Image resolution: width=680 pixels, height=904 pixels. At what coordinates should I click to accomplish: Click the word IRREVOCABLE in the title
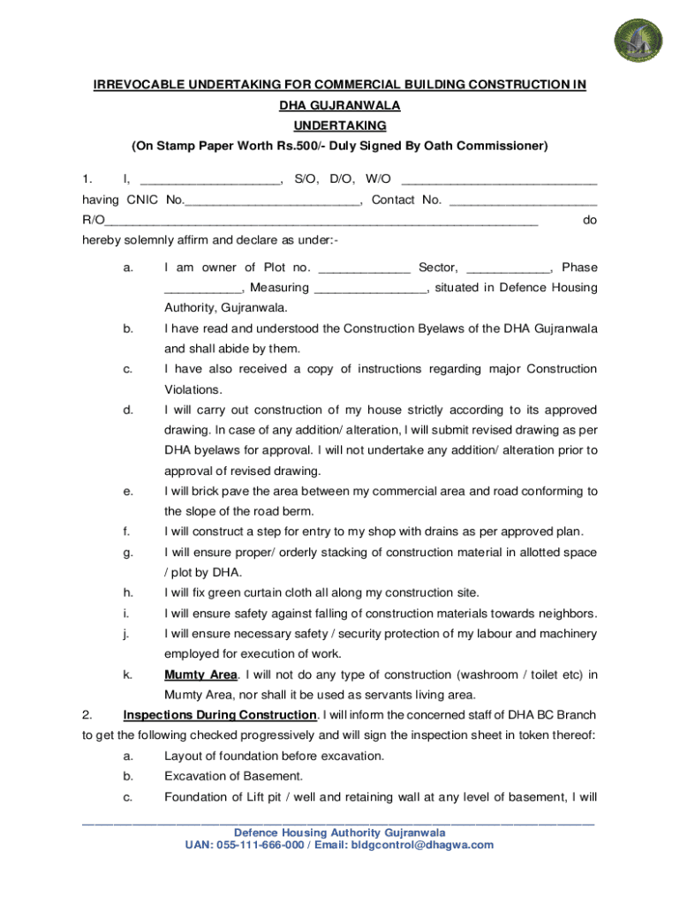point(140,85)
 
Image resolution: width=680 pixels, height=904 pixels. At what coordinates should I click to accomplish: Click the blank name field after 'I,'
point(209,181)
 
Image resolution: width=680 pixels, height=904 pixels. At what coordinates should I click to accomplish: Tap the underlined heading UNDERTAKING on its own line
point(340,125)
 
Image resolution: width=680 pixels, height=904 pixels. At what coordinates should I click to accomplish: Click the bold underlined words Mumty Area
point(200,675)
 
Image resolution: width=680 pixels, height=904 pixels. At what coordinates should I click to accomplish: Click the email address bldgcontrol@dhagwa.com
point(422,845)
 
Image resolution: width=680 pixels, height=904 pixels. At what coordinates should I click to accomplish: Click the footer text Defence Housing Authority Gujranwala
point(339,832)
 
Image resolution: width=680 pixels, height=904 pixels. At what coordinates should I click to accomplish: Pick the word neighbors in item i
point(560,614)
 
